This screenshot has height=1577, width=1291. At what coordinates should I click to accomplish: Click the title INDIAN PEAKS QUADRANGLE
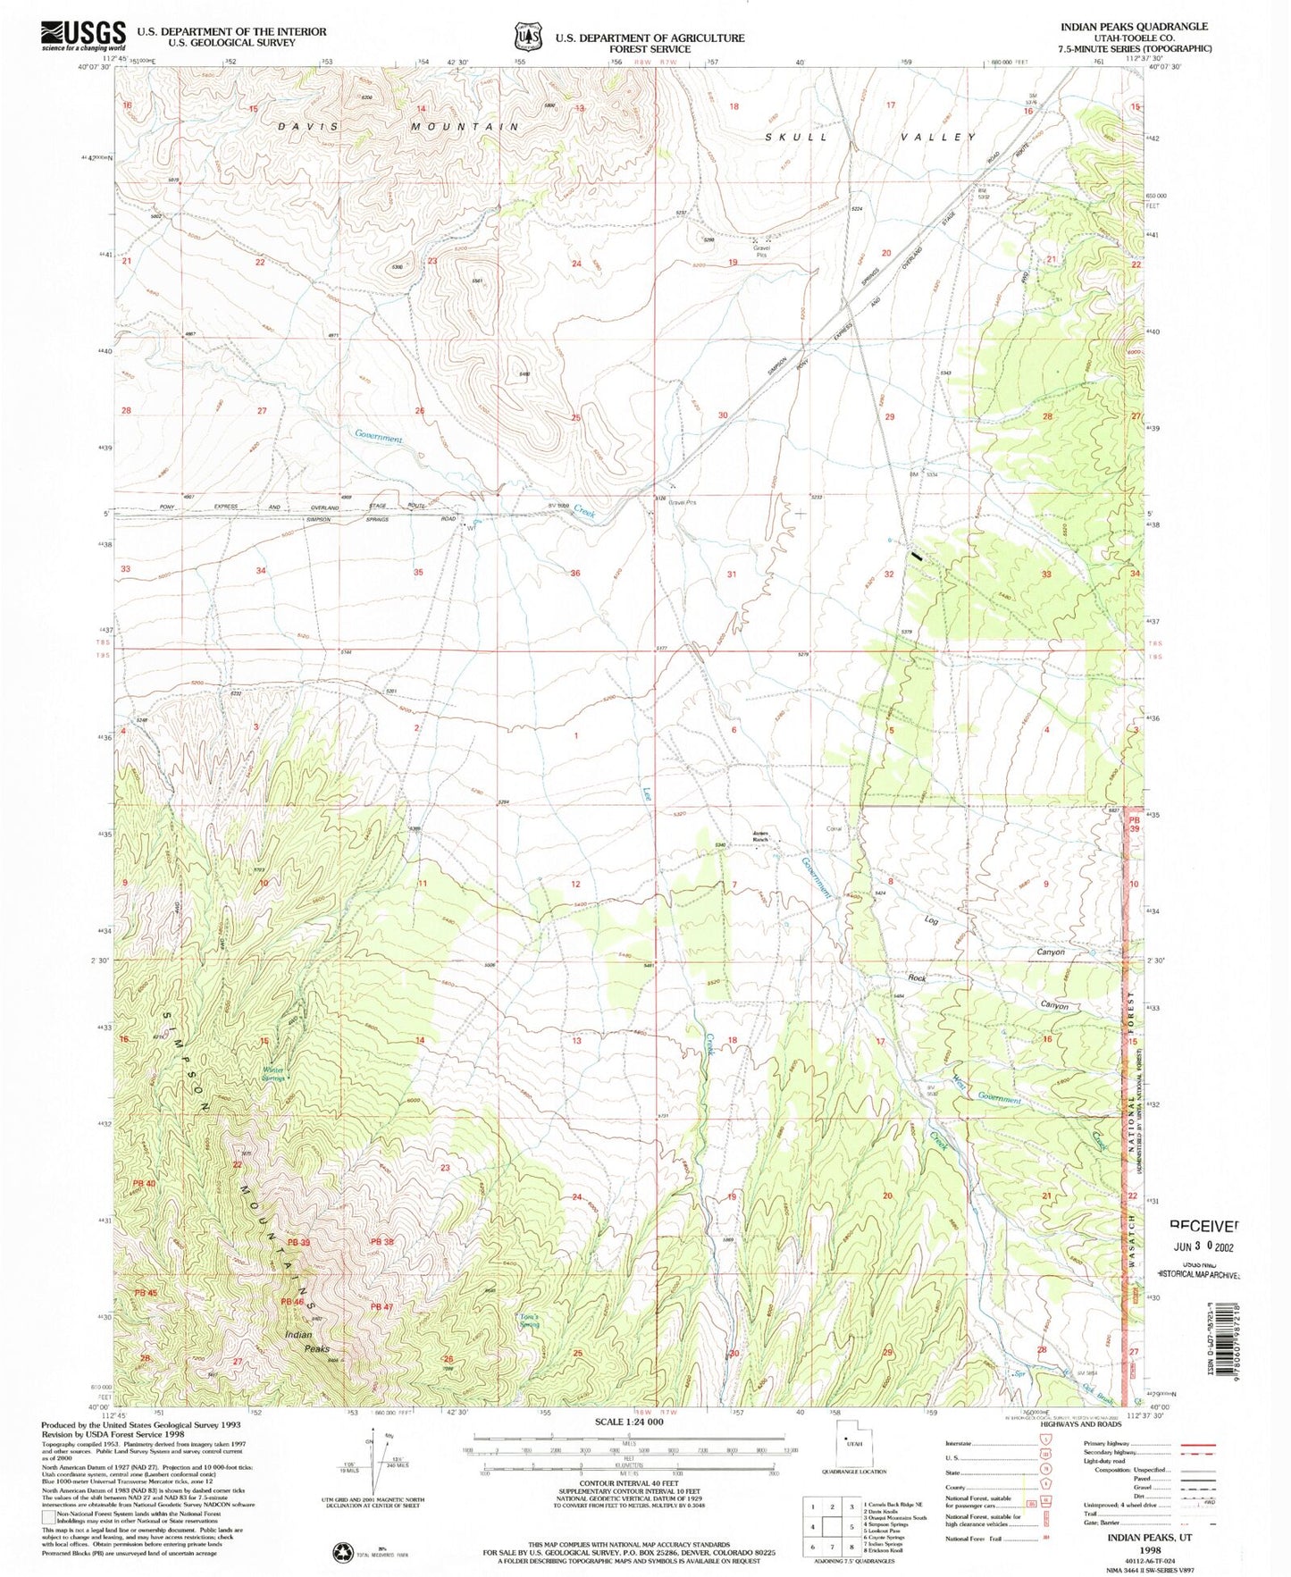(x=1133, y=27)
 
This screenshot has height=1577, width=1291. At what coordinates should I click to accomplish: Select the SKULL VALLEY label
(x=871, y=137)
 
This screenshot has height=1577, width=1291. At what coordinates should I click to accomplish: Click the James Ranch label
(x=759, y=838)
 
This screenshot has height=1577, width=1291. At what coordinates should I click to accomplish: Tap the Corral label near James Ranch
(x=834, y=828)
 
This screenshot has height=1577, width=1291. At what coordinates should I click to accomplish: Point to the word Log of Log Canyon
(x=931, y=919)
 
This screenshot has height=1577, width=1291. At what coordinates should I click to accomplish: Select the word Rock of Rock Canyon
(x=917, y=978)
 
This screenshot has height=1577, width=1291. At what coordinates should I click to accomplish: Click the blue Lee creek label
(x=647, y=792)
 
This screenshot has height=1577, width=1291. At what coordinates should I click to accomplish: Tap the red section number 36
(x=575, y=573)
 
